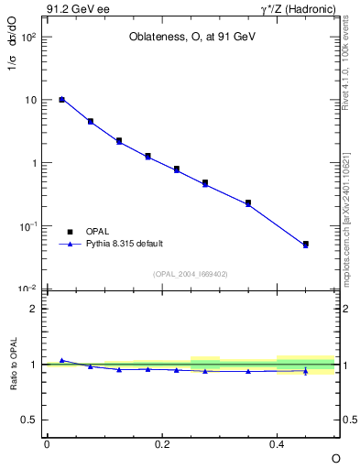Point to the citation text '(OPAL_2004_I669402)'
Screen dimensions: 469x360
pyautogui.click(x=191, y=273)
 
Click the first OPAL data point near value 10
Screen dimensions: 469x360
pyautogui.click(x=61, y=99)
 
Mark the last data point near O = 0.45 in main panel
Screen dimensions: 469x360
pyautogui.click(x=306, y=245)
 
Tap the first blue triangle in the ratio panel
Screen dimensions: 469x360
pyautogui.click(x=61, y=360)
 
